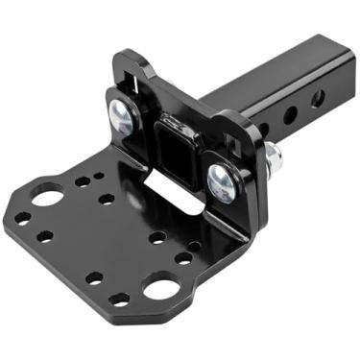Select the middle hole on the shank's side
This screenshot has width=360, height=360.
point(290,114)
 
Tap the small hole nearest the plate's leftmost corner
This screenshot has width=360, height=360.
point(22,206)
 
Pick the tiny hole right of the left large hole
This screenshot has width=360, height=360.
point(83,181)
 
